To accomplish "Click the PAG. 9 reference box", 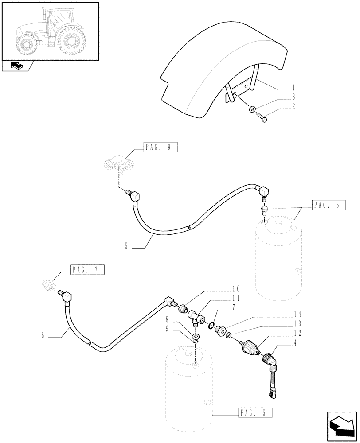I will (160, 148).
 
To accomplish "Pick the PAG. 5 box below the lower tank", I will (254, 413).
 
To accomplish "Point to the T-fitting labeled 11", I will (196, 318).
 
